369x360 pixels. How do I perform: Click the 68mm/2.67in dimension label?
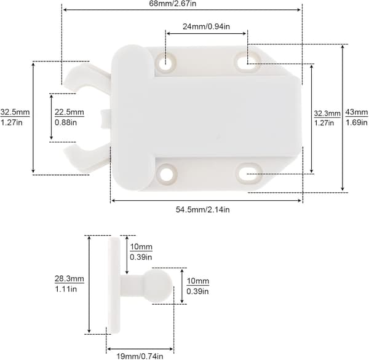[x=172, y=4]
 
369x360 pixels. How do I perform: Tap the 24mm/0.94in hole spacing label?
[x=206, y=26]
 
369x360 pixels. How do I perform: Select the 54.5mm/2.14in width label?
[x=202, y=209]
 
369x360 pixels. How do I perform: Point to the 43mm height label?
[x=357, y=112]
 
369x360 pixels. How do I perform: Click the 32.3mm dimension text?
[x=327, y=113]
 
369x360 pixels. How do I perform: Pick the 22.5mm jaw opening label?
[x=69, y=112]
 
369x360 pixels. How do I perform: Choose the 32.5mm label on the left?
[x=15, y=112]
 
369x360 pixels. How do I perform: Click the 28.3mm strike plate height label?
[x=69, y=279]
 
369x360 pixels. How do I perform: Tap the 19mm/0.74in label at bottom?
[x=140, y=356]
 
